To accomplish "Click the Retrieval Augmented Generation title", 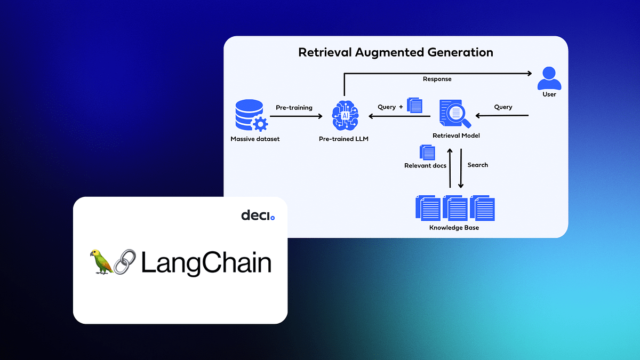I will [395, 52].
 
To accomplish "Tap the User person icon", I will [549, 78].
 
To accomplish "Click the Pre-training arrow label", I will [294, 107].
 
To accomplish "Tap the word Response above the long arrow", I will [437, 79].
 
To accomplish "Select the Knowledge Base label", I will [454, 228].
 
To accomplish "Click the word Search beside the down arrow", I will [477, 165].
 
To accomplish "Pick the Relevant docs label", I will [425, 166].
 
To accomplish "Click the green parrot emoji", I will [102, 261].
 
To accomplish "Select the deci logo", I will [258, 215].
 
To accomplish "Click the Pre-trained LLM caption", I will [343, 139].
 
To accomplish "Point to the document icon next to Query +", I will [414, 105].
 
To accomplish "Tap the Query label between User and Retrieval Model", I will [503, 107].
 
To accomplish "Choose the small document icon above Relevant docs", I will [427, 152].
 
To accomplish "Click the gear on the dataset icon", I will [260, 124].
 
